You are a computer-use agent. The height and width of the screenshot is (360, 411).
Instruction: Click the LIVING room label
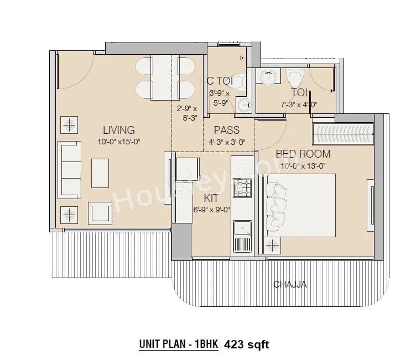118,131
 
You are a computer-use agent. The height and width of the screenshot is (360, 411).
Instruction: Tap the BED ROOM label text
303,154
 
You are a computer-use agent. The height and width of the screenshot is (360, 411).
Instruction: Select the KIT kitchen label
210,198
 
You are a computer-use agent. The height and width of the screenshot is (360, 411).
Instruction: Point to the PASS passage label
226,131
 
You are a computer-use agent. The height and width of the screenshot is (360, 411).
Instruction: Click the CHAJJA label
290,285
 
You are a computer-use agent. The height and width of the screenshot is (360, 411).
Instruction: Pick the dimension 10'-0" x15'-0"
118,142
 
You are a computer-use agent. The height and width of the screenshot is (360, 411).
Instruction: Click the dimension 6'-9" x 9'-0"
210,209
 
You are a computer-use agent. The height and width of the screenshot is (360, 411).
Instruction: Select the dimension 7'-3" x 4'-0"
299,104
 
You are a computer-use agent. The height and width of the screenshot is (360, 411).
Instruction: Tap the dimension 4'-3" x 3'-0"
226,142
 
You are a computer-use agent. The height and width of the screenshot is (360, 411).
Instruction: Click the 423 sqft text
246,345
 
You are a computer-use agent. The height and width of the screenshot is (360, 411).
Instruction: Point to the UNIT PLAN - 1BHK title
178,345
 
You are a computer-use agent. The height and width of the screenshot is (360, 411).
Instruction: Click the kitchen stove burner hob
242,187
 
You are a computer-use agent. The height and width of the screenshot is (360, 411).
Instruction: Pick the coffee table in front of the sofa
100,173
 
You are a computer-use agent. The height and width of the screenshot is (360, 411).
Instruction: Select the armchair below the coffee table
100,212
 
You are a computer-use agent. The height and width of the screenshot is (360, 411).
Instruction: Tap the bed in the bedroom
301,205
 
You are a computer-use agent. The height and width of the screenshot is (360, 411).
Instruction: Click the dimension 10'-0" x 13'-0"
303,165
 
